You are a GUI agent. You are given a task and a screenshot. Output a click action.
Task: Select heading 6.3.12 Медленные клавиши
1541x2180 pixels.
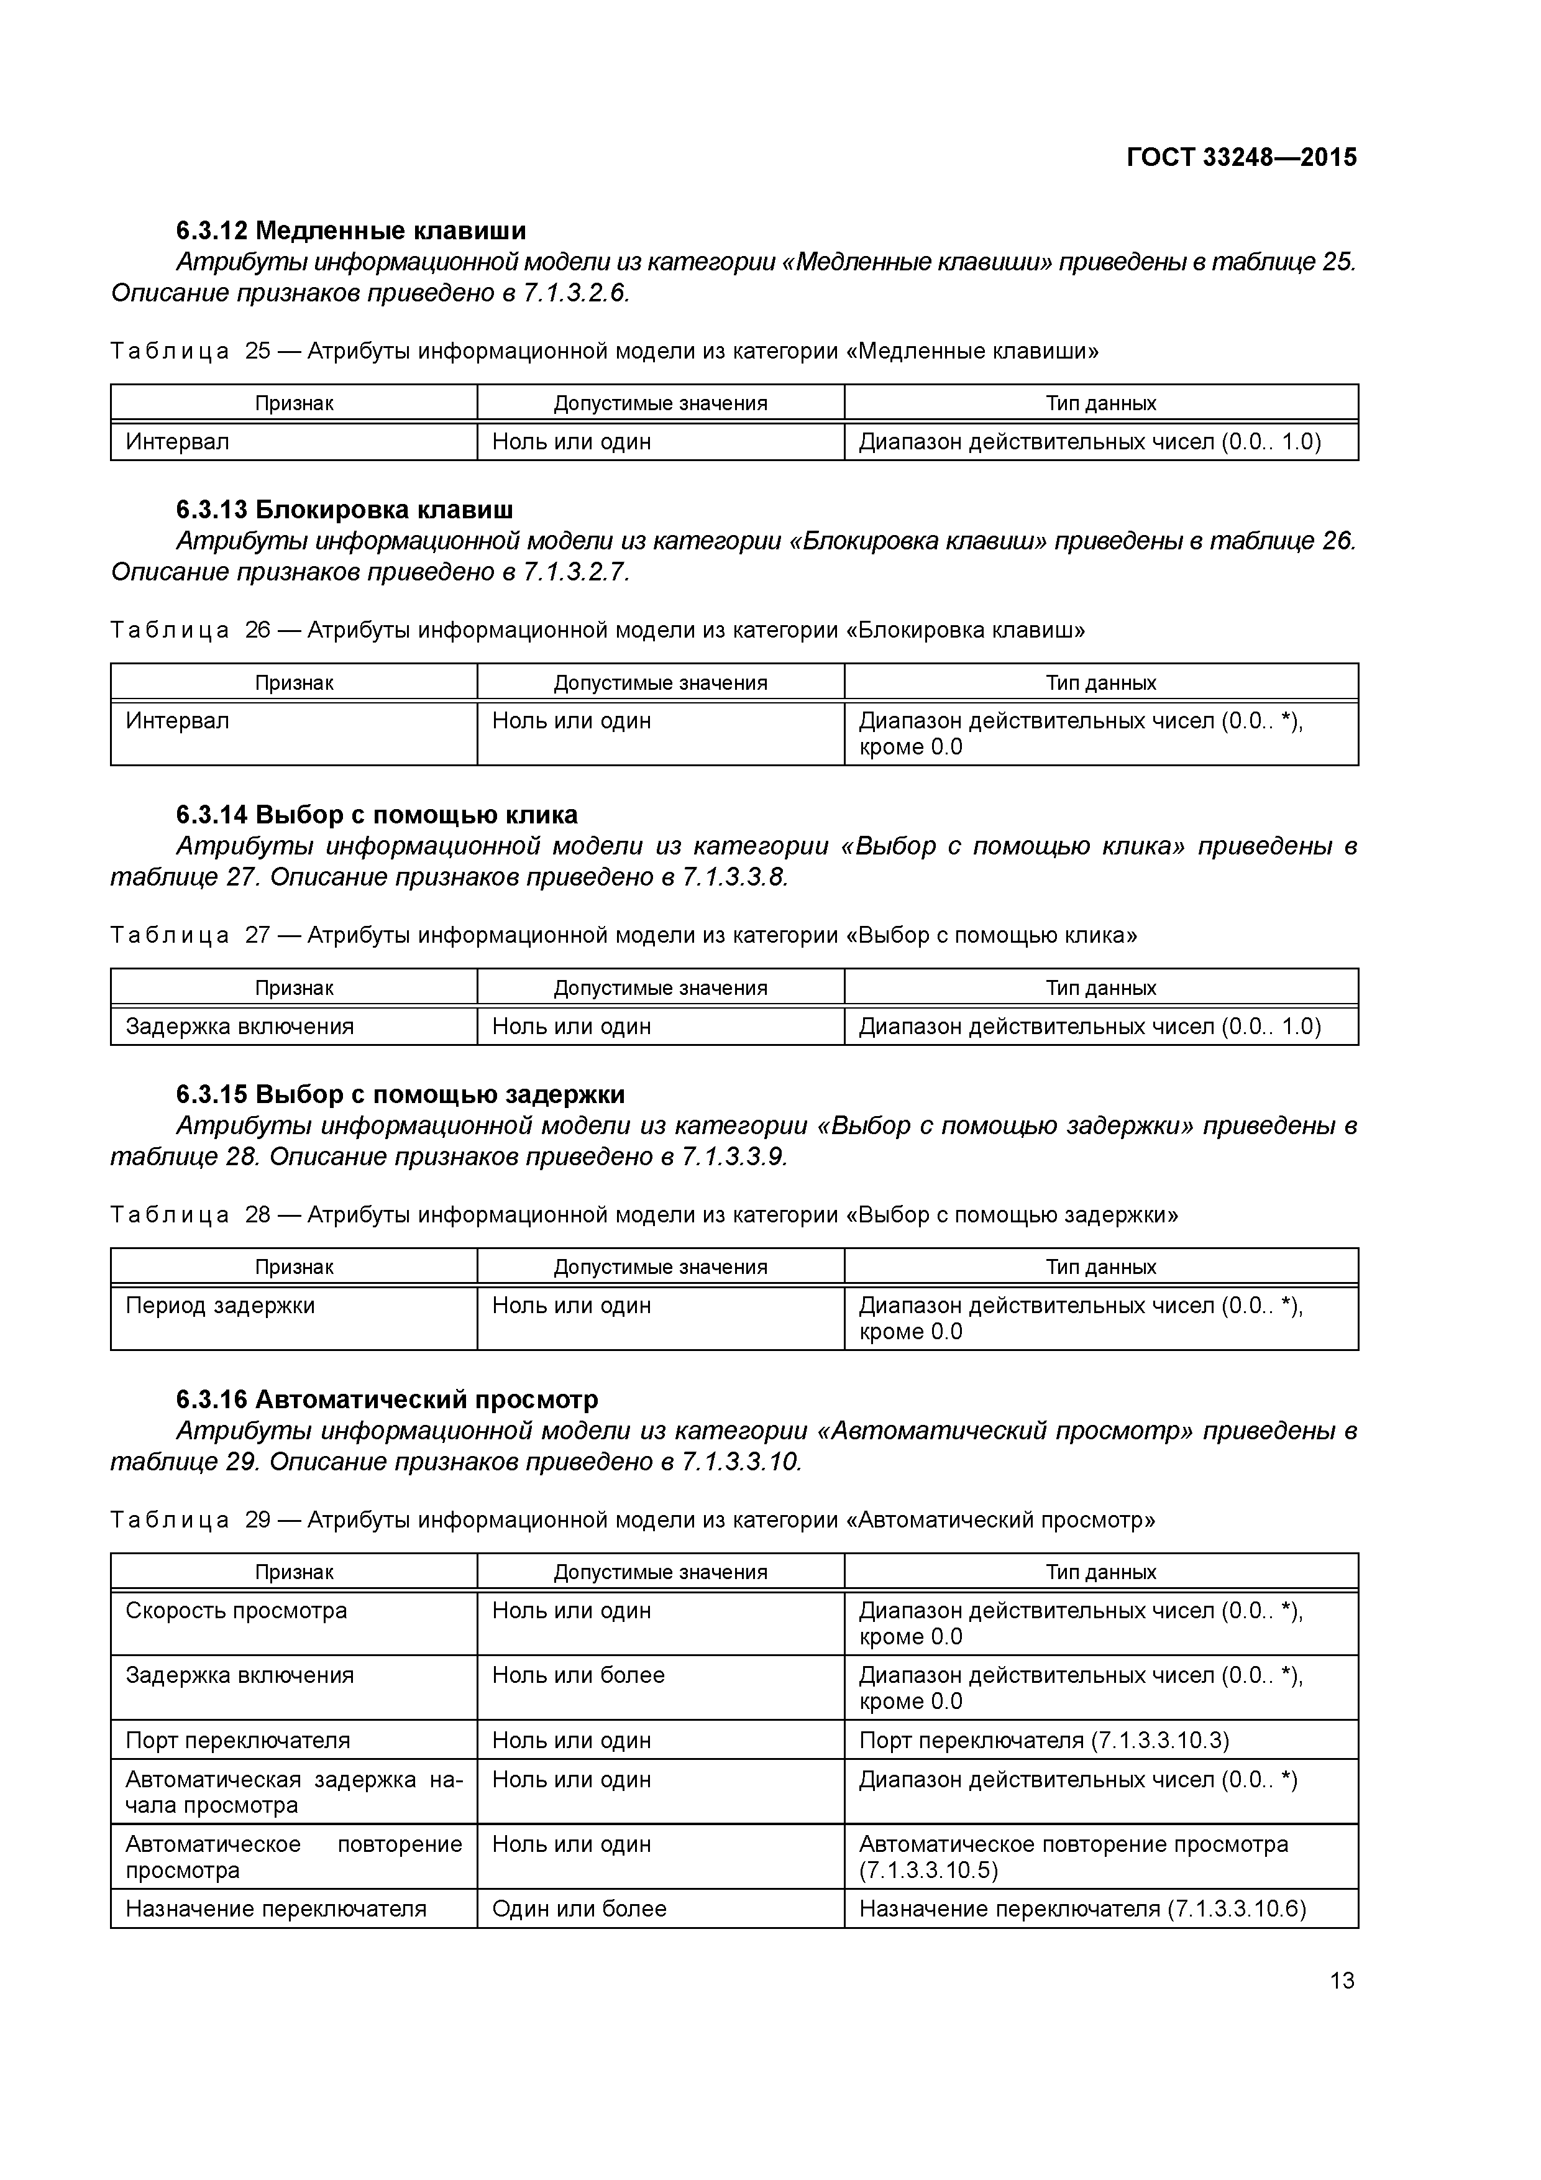click(x=350, y=231)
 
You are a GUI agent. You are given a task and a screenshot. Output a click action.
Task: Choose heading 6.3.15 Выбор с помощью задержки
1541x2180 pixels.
click(x=400, y=1095)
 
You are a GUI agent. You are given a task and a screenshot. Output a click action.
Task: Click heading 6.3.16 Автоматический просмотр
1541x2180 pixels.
click(x=386, y=1399)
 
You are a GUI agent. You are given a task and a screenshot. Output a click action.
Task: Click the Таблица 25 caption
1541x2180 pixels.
click(x=604, y=351)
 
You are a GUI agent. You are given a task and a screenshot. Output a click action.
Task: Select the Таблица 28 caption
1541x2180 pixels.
click(x=644, y=1214)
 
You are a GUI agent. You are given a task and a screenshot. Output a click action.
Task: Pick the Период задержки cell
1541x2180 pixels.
click(x=221, y=1306)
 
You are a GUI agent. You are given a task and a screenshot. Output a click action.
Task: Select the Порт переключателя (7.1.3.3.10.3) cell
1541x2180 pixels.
click(x=1043, y=1741)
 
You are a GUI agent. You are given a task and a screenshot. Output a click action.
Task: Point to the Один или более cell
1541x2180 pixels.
click(x=579, y=1908)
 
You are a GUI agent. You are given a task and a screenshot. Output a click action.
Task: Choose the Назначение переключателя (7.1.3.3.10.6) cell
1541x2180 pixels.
click(x=1082, y=1908)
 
